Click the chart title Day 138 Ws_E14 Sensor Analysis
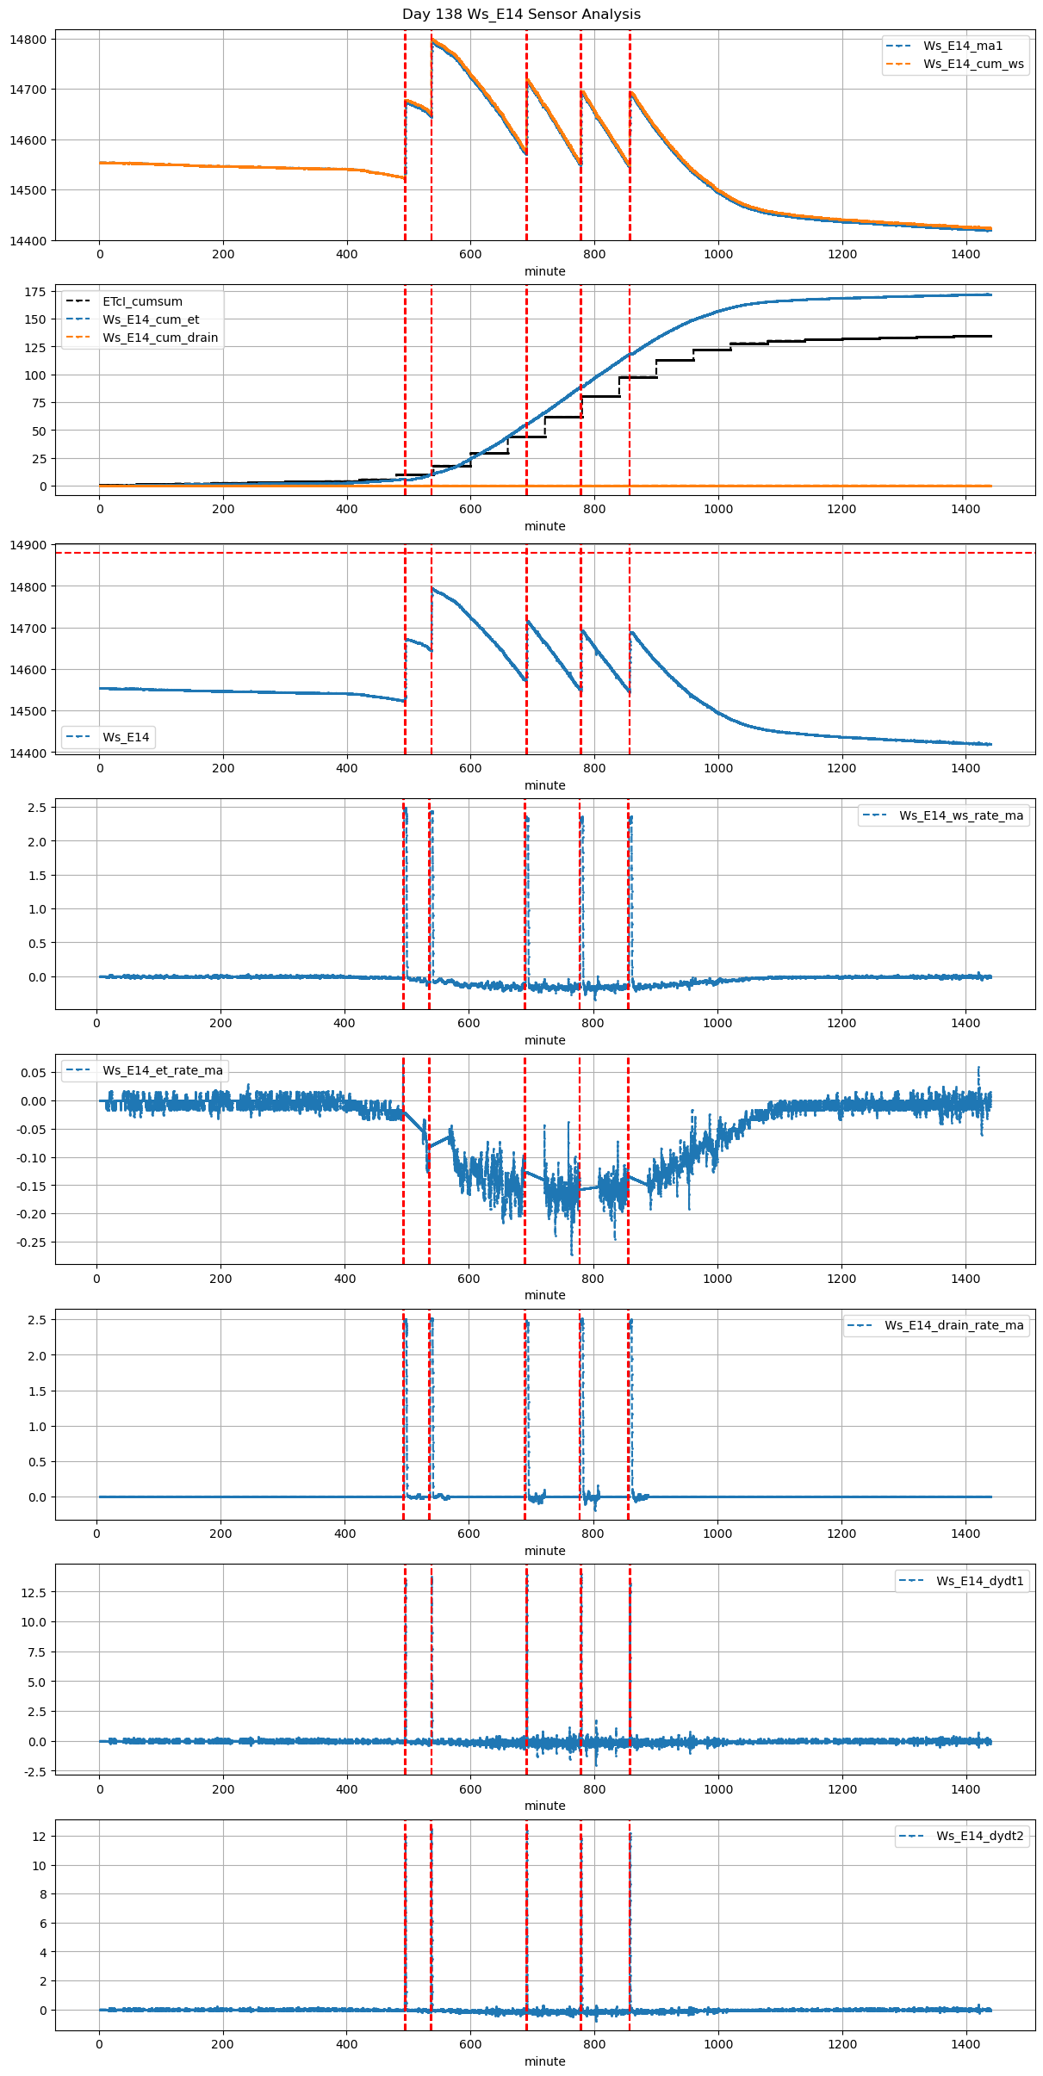521,14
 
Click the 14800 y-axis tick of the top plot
28,40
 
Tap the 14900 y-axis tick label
28,545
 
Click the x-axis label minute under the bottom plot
545,2061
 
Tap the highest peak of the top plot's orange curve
432,39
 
